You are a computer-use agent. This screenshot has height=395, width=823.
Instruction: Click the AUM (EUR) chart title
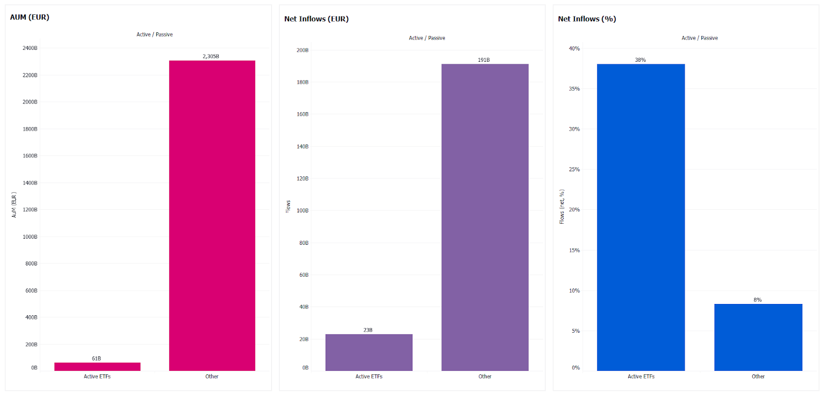(x=30, y=17)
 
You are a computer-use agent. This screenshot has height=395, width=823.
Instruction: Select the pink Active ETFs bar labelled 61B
(x=97, y=366)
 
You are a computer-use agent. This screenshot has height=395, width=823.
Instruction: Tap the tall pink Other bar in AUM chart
(x=212, y=216)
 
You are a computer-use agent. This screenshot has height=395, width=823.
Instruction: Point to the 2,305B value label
(x=211, y=57)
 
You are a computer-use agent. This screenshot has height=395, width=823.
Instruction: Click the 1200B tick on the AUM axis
(x=30, y=210)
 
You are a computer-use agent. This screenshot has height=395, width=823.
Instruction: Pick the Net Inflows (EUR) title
(x=316, y=19)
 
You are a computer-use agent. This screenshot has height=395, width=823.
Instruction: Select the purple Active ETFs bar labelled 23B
(x=369, y=352)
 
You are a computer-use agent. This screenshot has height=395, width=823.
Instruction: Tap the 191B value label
(x=484, y=60)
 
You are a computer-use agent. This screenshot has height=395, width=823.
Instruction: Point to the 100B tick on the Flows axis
(x=302, y=211)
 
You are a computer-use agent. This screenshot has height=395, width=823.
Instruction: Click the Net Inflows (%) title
(x=587, y=19)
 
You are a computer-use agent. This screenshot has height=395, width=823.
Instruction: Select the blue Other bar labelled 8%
(x=758, y=337)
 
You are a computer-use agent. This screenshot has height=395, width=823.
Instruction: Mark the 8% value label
(x=758, y=300)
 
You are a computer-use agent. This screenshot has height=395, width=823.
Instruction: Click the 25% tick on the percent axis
(x=574, y=170)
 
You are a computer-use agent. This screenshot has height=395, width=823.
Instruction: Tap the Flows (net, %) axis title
(x=562, y=207)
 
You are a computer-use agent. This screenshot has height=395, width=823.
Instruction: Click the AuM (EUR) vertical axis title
(x=14, y=205)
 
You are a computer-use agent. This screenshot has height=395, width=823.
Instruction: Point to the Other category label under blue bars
(x=758, y=376)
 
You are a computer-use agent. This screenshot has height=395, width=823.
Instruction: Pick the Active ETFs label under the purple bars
(x=369, y=376)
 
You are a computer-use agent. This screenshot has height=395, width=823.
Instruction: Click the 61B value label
(x=96, y=358)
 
